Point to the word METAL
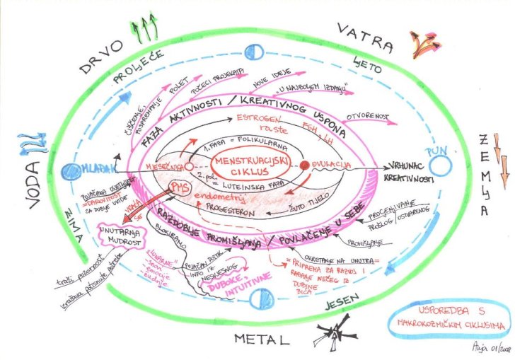[262, 339]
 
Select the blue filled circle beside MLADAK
[69, 170]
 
